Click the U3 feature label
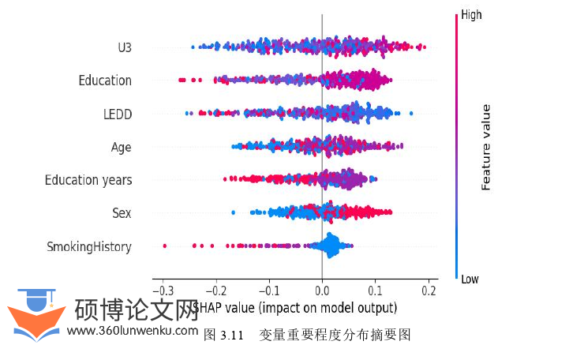pos(124,47)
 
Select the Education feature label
pos(105,81)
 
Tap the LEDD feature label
pos(117,114)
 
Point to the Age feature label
pos(121,147)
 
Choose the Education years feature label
pos(88,180)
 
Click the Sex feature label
pos(122,213)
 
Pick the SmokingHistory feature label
pos(88,247)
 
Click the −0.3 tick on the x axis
pos(161,289)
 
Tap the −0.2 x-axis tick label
pos(215,289)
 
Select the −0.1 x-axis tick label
pos(268,289)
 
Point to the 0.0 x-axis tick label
pos(322,289)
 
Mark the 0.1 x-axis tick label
pos(375,289)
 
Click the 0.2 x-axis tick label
pos(429,289)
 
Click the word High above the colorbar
pos(471,14)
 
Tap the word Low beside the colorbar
pos(470,279)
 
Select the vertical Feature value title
pos(486,147)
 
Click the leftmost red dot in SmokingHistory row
pos(164,246)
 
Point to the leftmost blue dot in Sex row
pos(233,212)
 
